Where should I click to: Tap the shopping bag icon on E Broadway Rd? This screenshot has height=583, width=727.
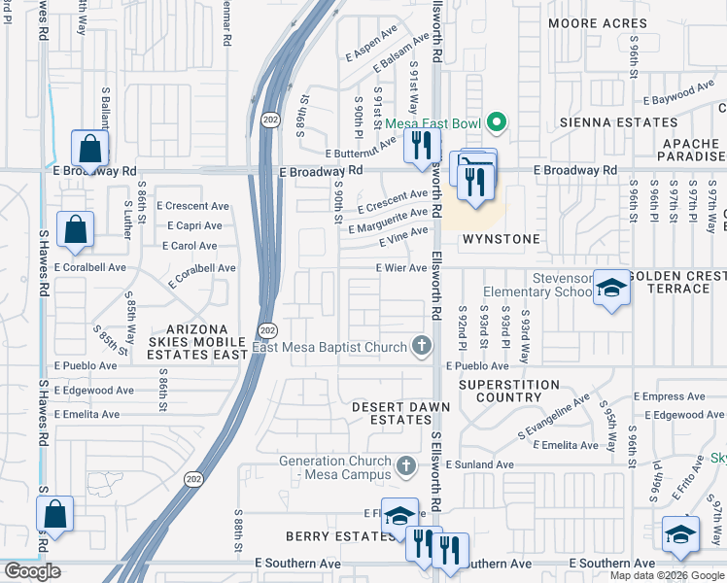[89, 149]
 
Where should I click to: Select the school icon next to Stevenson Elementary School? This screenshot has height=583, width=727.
[611, 288]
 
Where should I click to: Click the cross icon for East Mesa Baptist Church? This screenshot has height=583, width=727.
[421, 345]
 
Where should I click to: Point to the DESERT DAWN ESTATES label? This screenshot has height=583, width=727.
[392, 413]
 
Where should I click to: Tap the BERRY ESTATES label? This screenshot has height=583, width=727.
[328, 536]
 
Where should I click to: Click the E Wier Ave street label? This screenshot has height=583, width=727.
[401, 268]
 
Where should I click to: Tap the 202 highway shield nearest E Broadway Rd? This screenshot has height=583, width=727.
[269, 120]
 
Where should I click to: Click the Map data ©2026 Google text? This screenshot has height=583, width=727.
[668, 575]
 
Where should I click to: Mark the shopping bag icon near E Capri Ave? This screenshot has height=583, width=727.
[75, 229]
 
